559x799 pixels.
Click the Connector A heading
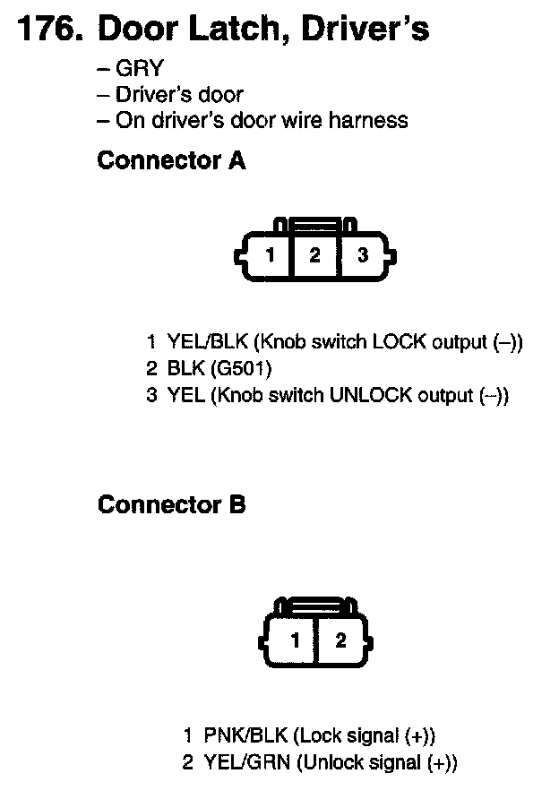[x=171, y=161]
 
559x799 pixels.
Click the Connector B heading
[x=171, y=505]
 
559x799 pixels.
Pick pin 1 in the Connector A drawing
[x=270, y=256]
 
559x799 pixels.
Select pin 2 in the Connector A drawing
[x=314, y=256]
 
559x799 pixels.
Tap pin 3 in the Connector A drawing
[x=363, y=256]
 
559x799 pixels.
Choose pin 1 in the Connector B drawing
[x=294, y=640]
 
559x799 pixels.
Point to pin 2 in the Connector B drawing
[x=340, y=640]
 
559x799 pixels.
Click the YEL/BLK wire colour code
[x=209, y=342]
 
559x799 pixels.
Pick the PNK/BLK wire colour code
[x=245, y=736]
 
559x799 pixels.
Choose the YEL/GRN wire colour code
[x=246, y=763]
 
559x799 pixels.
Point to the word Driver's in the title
[x=365, y=30]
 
